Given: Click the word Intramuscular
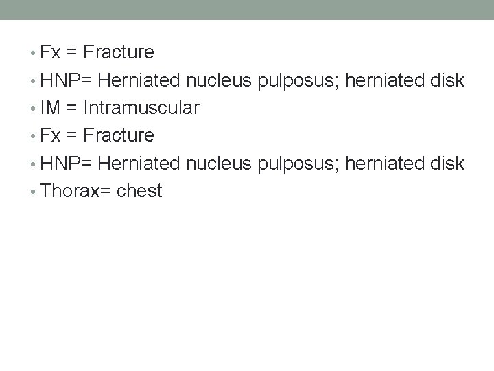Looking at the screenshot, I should [142, 108].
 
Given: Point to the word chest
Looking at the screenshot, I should [140, 190].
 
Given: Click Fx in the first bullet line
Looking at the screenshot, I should [49, 52].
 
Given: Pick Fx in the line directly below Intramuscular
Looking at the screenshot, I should [49, 135].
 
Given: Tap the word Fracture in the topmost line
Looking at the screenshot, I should [117, 52].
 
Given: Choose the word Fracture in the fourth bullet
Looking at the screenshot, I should [117, 135].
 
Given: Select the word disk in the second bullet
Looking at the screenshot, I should [449, 80].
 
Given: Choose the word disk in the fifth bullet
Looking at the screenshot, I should [449, 163].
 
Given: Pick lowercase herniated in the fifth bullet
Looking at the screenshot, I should [386, 163].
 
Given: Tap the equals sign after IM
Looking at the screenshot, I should [71, 108].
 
